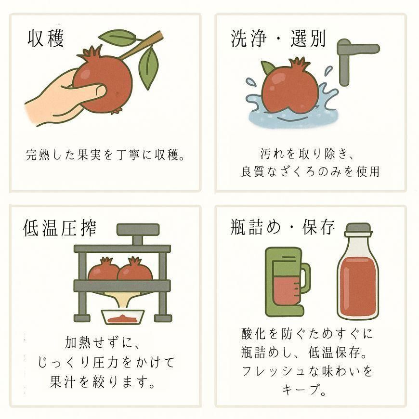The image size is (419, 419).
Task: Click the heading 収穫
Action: point(46,39)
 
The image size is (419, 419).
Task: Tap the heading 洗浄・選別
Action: point(278,39)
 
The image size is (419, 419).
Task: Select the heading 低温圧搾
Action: point(60,228)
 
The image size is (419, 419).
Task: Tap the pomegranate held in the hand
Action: point(103,79)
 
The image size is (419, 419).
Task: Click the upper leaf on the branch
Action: point(119,37)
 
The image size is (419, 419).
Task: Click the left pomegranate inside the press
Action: point(104,269)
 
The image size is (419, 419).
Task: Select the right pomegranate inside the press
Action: point(135,269)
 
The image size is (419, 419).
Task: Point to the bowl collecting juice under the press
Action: point(123,317)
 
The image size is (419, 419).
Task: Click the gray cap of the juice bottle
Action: point(358,230)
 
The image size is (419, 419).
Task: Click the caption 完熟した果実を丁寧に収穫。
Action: point(105,155)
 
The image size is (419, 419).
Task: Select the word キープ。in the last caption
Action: point(304,389)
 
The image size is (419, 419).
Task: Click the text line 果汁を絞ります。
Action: point(103,381)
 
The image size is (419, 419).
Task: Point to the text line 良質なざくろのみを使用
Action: point(310,171)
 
